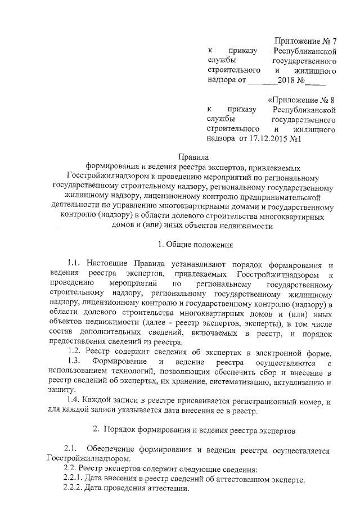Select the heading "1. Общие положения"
[192, 244]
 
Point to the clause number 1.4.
[75, 400]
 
